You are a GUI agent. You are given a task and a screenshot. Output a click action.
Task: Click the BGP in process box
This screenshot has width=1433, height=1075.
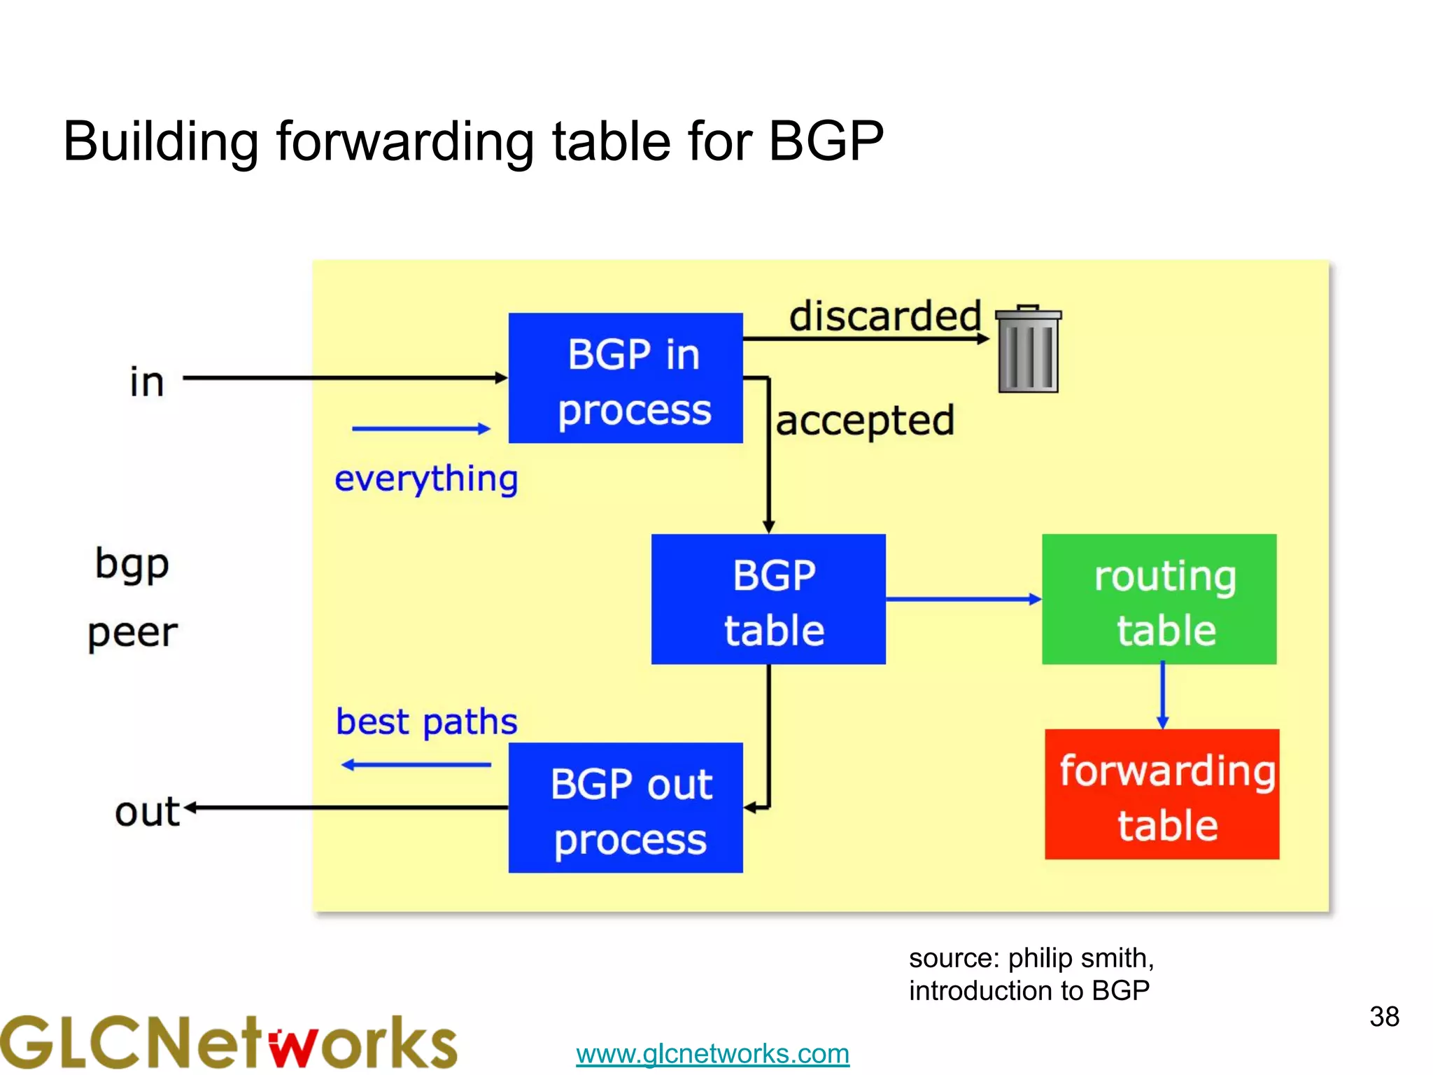tap(625, 378)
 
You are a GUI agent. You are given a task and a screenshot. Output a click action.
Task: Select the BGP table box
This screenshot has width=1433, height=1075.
tap(768, 599)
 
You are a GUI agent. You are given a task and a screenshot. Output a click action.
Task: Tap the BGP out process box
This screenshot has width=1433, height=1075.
tap(625, 808)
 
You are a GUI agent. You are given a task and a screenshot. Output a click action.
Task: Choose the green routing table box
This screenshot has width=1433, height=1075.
tap(1159, 599)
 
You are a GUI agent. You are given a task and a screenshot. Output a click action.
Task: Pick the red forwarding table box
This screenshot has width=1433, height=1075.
tap(1162, 794)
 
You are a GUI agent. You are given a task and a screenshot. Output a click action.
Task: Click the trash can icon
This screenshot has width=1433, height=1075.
tap(1028, 349)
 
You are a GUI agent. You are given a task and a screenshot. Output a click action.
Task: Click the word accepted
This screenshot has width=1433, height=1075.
tap(865, 421)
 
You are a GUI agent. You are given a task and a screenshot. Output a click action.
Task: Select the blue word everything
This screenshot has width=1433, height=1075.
tap(426, 479)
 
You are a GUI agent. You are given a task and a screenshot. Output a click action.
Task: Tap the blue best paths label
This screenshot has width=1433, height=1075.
tap(426, 722)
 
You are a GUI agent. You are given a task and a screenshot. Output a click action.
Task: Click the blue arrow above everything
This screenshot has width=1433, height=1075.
tap(421, 428)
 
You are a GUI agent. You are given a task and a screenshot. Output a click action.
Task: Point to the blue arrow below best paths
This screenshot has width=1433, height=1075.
tap(416, 765)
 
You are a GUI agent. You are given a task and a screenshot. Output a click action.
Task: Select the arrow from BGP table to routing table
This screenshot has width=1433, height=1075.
tap(963, 599)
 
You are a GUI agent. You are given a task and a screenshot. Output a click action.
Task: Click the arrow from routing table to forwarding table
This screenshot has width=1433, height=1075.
tap(1162, 696)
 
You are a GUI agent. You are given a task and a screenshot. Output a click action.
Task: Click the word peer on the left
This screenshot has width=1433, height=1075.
tap(132, 633)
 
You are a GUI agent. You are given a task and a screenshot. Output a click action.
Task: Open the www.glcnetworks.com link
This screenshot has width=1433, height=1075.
tap(712, 1053)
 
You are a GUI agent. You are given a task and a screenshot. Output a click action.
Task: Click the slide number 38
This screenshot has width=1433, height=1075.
tap(1384, 1016)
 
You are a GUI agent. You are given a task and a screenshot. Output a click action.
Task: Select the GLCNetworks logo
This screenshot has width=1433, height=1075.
tap(228, 1042)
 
